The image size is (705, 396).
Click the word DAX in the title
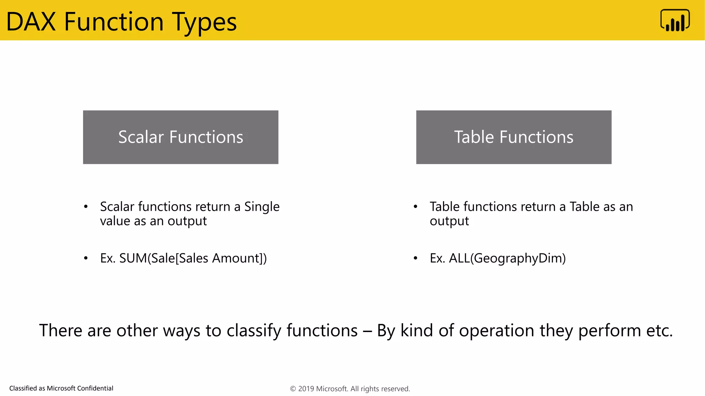click(31, 22)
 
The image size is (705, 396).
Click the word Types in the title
click(204, 22)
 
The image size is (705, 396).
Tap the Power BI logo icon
click(675, 21)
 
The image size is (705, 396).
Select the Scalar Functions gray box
click(180, 137)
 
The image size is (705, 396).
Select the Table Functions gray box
click(514, 137)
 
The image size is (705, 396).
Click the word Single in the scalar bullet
click(262, 207)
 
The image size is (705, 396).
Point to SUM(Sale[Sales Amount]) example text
click(193, 258)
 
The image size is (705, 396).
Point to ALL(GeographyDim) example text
click(507, 258)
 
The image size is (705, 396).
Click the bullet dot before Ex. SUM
click(86, 258)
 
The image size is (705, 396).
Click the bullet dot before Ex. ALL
click(415, 258)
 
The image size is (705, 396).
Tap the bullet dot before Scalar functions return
click(86, 207)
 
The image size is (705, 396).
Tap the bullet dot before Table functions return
click(415, 207)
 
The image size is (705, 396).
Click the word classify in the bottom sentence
click(254, 331)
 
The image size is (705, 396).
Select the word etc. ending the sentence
click(659, 331)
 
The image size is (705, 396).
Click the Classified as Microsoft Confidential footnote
click(61, 388)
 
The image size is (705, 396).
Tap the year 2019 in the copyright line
click(306, 389)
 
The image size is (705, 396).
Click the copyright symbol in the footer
click(293, 389)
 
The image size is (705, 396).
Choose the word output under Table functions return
click(449, 221)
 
